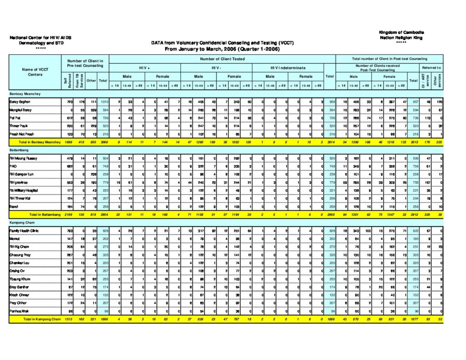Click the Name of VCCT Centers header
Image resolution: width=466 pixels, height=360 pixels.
35,72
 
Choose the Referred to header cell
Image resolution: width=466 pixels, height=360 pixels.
431,67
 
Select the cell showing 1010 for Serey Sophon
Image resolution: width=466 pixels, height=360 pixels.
103,101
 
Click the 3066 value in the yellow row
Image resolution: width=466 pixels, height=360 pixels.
103,142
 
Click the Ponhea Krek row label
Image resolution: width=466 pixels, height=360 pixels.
19,310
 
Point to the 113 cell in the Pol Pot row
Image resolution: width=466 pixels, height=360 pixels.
428,118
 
